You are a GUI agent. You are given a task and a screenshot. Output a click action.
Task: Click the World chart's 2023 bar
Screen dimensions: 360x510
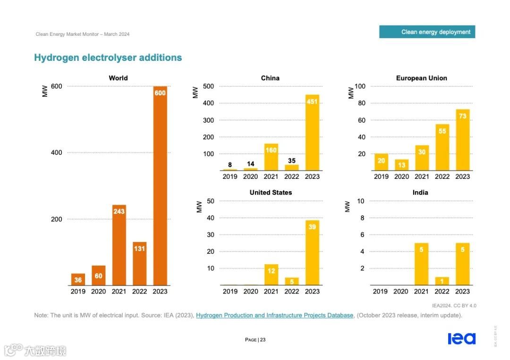coord(160,189)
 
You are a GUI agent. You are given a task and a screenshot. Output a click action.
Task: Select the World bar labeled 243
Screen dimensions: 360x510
coord(119,245)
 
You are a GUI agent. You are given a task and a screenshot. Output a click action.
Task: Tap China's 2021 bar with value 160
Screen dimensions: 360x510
coord(271,157)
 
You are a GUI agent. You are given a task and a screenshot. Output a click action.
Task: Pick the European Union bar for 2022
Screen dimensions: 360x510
coord(442,147)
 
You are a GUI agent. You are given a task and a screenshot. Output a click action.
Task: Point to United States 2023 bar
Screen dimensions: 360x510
coord(312,252)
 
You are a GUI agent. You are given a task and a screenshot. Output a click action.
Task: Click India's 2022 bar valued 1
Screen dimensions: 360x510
coord(442,281)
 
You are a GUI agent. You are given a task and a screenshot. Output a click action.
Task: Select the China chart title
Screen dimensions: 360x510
coord(270,78)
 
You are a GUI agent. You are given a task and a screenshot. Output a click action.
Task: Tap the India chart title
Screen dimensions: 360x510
coord(421,193)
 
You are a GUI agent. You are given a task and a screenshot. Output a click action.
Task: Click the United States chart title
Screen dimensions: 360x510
coord(271,193)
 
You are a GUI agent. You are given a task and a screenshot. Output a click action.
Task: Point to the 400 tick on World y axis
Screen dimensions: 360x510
coord(57,152)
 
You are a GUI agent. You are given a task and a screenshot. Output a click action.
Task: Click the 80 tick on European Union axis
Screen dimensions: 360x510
coord(361,103)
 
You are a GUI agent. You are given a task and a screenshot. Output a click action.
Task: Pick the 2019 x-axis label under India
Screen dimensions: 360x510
coord(380,291)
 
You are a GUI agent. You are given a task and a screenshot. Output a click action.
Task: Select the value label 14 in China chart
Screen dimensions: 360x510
coord(251,164)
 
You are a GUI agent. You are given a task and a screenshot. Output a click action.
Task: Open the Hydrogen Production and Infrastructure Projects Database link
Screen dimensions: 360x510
coord(274,315)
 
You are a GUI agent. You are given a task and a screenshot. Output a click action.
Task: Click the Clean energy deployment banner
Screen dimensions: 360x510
coord(427,32)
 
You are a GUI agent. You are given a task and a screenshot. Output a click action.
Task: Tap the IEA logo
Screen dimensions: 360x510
coord(461,338)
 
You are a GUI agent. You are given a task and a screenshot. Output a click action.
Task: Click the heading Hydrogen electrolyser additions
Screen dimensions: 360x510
coord(108,58)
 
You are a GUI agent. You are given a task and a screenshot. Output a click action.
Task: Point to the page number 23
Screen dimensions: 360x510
coord(263,340)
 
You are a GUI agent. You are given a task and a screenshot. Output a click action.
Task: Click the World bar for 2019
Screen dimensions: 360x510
coord(78,279)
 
